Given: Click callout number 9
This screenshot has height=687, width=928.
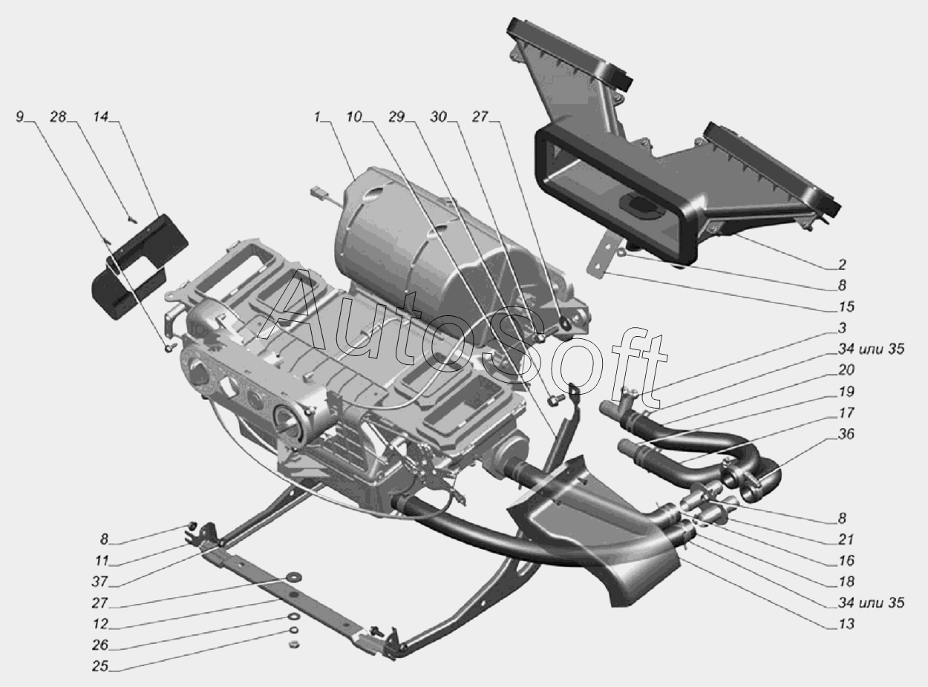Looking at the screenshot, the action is pyautogui.click(x=19, y=116).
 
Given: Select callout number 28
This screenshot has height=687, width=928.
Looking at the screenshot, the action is pyautogui.click(x=58, y=116).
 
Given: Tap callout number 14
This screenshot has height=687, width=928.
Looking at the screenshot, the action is pyautogui.click(x=100, y=116).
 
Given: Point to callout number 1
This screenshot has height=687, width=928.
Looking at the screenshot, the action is pyautogui.click(x=317, y=116).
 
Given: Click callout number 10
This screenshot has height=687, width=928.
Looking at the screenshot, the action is pyautogui.click(x=354, y=116).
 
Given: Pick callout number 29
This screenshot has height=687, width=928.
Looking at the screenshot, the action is pyautogui.click(x=396, y=116).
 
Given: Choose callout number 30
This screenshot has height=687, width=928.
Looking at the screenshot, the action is pyautogui.click(x=439, y=116).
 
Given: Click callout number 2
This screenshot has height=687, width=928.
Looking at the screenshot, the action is pyautogui.click(x=842, y=264).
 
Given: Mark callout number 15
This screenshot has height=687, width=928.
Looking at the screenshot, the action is pyautogui.click(x=846, y=306).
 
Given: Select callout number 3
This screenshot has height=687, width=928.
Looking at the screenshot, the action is pyautogui.click(x=842, y=328).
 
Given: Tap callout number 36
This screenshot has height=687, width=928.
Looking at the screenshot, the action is pyautogui.click(x=846, y=433).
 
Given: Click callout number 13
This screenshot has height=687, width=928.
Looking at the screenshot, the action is pyautogui.click(x=846, y=624).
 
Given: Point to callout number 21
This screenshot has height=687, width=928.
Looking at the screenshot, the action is pyautogui.click(x=846, y=539).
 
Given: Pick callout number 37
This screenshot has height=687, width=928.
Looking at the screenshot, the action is pyautogui.click(x=100, y=581).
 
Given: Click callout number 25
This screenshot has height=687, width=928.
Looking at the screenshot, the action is pyautogui.click(x=100, y=666).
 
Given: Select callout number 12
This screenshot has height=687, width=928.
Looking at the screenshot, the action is pyautogui.click(x=100, y=624).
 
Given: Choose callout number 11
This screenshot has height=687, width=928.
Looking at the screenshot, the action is pyautogui.click(x=100, y=560).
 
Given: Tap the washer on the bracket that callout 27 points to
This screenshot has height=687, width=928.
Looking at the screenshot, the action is pyautogui.click(x=288, y=578).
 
